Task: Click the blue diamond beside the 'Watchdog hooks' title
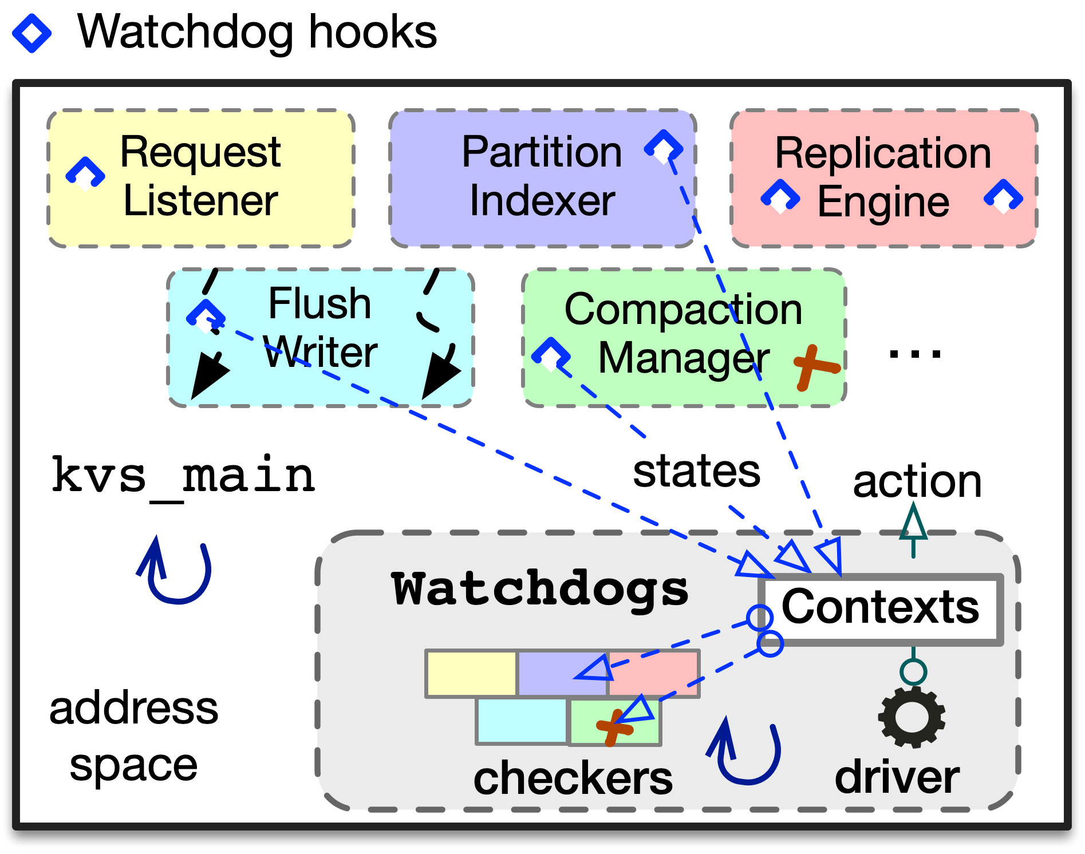coord(32,33)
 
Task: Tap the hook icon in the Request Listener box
coord(85,173)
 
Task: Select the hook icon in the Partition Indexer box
coord(664,147)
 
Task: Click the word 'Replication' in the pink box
coord(883,153)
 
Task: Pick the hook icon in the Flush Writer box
coord(206,314)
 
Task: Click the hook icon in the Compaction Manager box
coord(551,353)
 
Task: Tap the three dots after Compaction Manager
coord(914,354)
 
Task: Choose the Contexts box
coord(881,609)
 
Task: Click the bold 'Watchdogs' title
coord(540,589)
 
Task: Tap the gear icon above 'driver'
coord(912,717)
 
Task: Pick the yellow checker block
coord(471,674)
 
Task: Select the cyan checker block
coord(522,721)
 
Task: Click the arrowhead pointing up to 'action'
coord(913,522)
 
